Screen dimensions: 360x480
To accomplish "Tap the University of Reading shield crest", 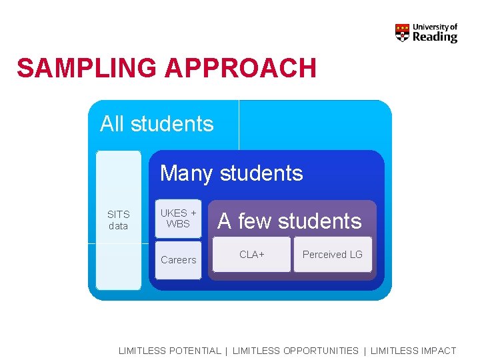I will click(x=402, y=33).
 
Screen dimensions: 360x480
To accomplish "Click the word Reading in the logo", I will click(x=435, y=37).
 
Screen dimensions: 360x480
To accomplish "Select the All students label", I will click(x=157, y=124).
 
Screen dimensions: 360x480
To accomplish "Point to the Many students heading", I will click(x=231, y=173).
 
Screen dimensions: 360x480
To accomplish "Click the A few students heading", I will click(x=289, y=221).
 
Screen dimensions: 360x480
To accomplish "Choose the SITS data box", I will click(x=119, y=220).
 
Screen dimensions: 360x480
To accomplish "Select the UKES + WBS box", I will click(x=179, y=219).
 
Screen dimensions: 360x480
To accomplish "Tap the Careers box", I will click(x=179, y=260).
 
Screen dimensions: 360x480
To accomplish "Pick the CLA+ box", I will click(x=252, y=255).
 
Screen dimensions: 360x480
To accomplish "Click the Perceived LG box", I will click(x=332, y=255).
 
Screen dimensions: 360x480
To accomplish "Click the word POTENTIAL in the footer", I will click(x=195, y=351).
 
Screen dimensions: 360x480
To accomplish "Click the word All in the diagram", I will click(x=112, y=124).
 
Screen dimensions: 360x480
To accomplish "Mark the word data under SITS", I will click(x=118, y=226).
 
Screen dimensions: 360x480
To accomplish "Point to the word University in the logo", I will click(x=435, y=27).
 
